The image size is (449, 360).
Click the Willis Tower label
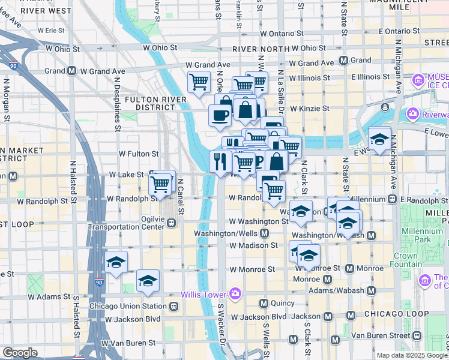(203, 294)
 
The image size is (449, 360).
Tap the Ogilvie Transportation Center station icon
(171, 223)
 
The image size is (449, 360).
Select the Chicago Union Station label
(128, 307)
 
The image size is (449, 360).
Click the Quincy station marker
(263, 303)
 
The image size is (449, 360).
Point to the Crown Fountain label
(406, 260)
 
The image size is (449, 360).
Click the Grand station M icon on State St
(344, 61)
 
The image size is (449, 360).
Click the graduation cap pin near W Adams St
(148, 280)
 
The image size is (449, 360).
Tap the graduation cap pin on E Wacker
(379, 139)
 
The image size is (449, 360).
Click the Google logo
(20, 353)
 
